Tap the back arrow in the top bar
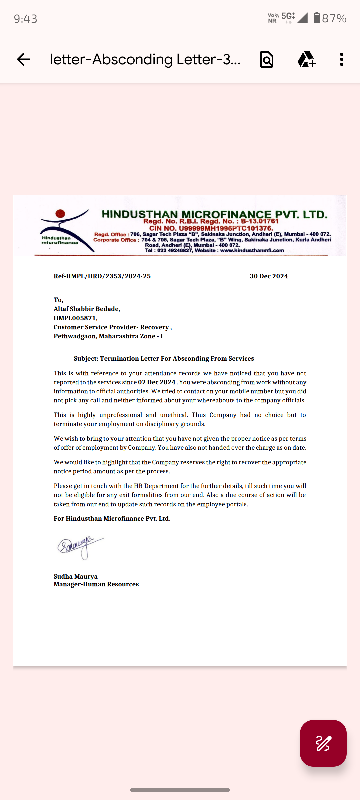(23, 60)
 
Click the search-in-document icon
(267, 60)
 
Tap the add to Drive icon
(306, 60)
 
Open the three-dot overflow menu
(341, 60)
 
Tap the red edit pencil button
(323, 743)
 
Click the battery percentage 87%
(334, 18)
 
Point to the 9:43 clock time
(26, 19)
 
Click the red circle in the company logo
(60, 213)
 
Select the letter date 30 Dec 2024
(269, 276)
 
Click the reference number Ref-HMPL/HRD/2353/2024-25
(102, 276)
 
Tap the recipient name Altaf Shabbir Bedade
(87, 309)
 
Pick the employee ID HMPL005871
(75, 318)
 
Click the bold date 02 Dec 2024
(157, 382)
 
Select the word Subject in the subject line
(86, 359)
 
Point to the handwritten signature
(80, 547)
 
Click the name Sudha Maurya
(76, 576)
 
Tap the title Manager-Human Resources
(96, 584)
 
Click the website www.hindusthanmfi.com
(252, 250)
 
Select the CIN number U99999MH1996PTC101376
(226, 228)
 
